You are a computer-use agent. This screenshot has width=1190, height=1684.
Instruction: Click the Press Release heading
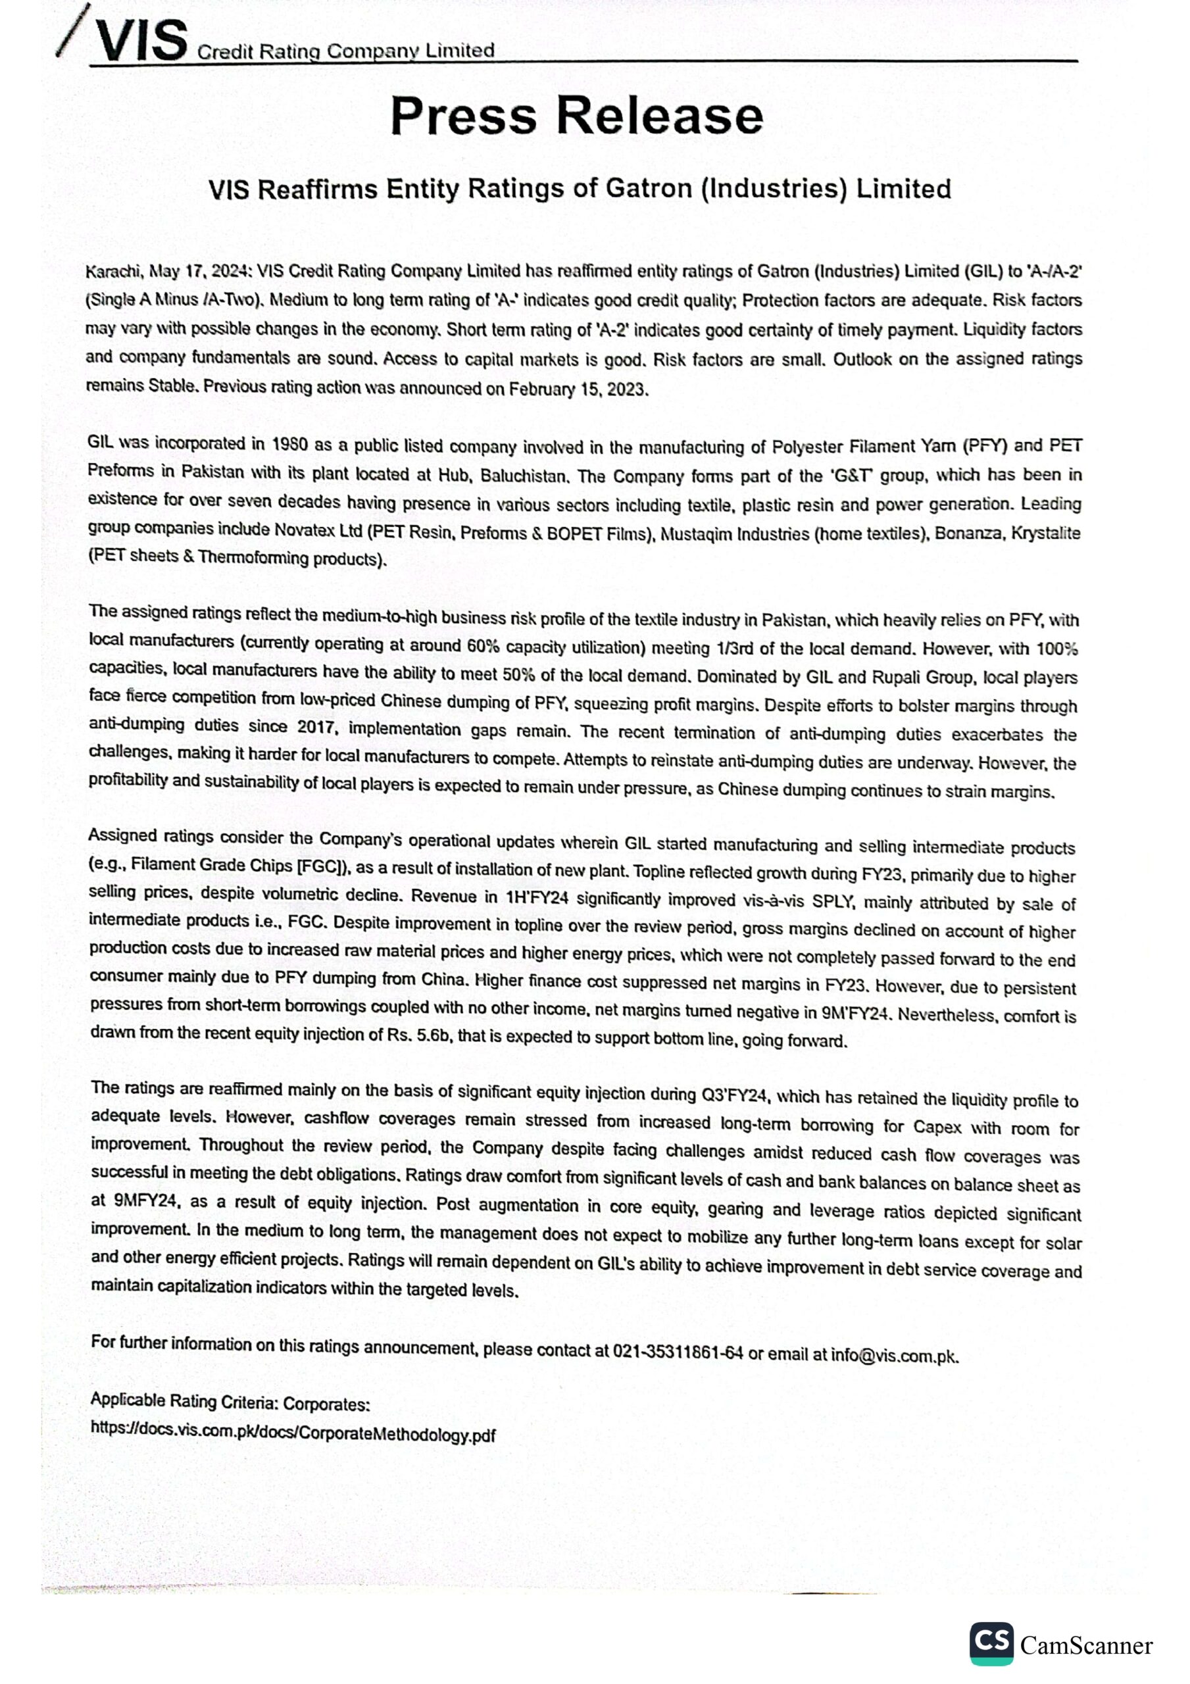tap(577, 116)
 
